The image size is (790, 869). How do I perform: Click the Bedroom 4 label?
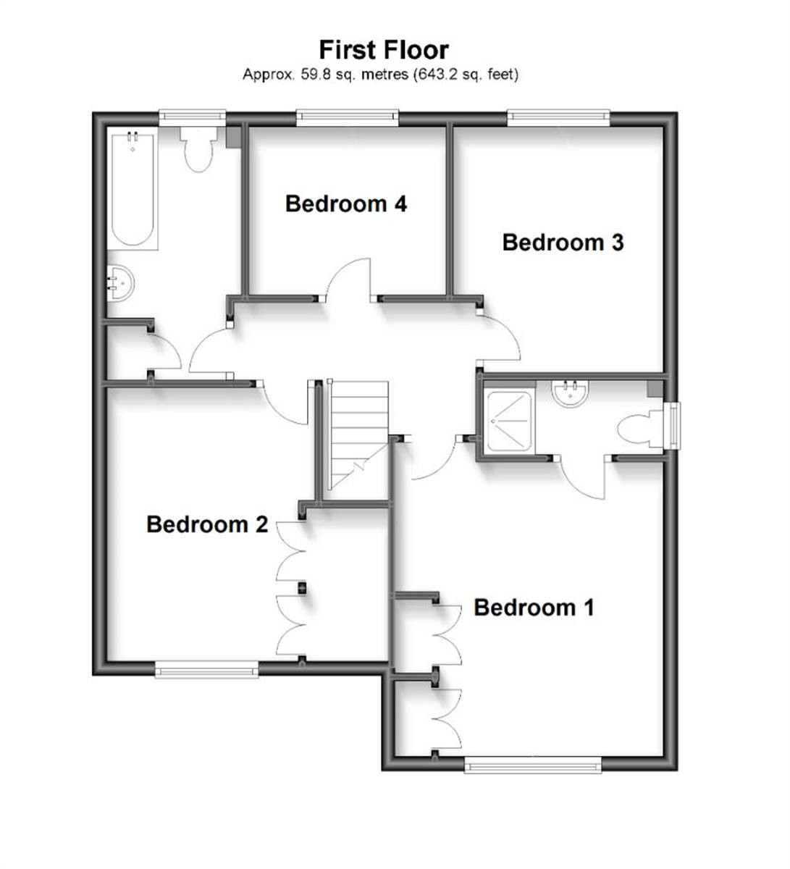[346, 204]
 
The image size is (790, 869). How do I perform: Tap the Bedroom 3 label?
[563, 243]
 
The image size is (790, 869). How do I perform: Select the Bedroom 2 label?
[207, 524]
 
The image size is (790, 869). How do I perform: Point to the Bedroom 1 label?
[534, 608]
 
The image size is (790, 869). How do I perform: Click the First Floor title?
[384, 50]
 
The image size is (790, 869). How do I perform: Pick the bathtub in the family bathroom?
[133, 190]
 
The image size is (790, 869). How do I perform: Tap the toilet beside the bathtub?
[198, 148]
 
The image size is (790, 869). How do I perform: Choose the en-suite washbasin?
[571, 392]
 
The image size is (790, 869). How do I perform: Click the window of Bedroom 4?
[348, 116]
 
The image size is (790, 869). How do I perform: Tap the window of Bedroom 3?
[558, 116]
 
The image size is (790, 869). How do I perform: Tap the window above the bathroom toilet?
[192, 116]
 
